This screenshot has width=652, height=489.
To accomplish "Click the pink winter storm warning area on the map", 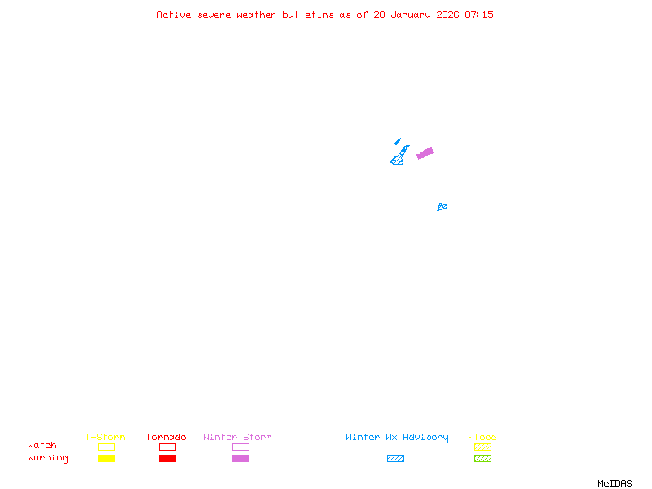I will tap(425, 152).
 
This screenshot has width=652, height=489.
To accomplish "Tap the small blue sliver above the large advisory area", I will tap(398, 141).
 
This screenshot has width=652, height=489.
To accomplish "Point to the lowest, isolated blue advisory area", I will tap(442, 207).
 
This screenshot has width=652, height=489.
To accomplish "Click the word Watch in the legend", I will tap(42, 446).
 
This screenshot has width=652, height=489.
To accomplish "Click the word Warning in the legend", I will tap(47, 458).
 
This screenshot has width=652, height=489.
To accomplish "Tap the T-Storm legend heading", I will tap(105, 438).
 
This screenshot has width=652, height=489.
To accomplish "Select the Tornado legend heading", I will tap(166, 438).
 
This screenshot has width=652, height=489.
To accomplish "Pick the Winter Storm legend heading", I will tap(237, 438).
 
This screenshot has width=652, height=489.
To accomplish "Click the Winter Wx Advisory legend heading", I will tap(397, 438).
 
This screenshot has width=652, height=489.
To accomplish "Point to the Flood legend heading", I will tap(482, 438).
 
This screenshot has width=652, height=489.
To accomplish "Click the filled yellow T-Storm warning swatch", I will tap(106, 458).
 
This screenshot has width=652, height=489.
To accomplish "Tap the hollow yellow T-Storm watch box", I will tap(106, 447).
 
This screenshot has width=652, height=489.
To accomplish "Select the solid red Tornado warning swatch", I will tap(167, 458).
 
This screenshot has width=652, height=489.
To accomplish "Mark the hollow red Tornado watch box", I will tap(167, 447).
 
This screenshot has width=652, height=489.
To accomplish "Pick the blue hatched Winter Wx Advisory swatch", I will tap(395, 458).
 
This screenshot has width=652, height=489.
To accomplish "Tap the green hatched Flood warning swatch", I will tap(482, 458).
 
